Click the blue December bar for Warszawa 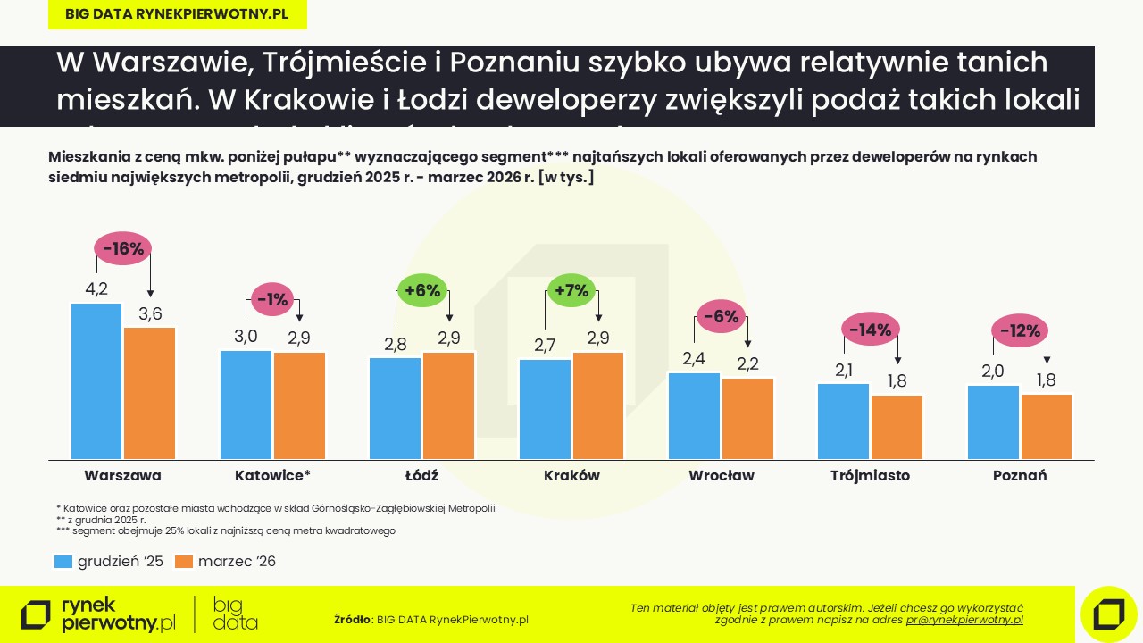96,381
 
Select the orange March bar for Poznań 1047,427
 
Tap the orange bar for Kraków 598,406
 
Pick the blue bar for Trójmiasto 844,422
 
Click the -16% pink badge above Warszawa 123,249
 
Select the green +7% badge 571,290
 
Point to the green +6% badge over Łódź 422,290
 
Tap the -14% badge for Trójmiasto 870,330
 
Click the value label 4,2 96,289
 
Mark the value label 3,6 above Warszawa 150,313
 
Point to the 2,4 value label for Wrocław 695,358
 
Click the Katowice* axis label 272,476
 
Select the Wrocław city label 722,476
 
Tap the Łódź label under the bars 421,476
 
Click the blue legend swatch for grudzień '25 63,562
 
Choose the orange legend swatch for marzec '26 184,562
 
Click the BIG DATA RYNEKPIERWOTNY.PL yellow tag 177,14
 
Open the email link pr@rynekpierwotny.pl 964,620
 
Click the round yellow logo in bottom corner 1108,614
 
